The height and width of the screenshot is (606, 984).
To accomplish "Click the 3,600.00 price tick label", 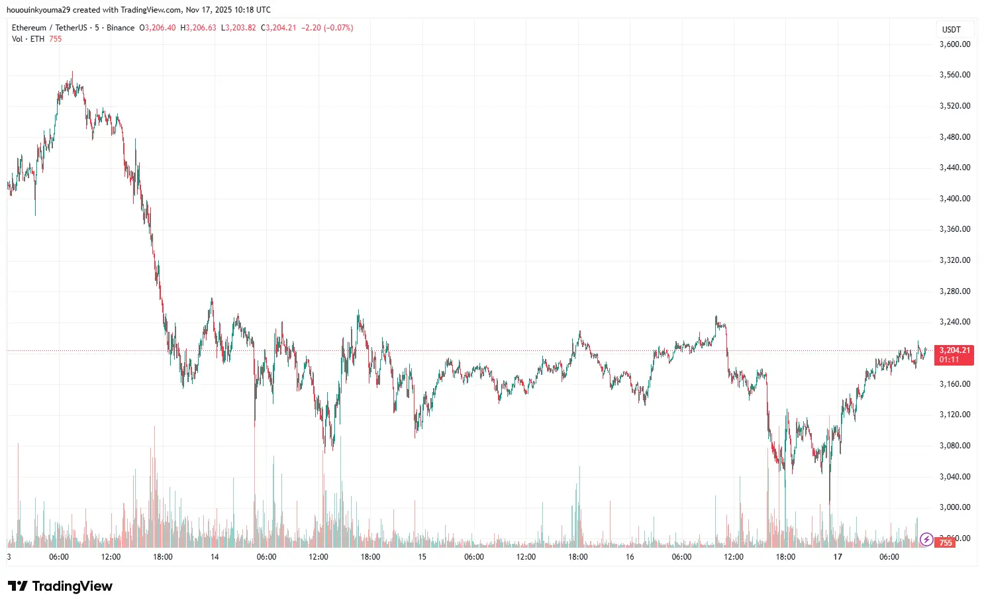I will (955, 44).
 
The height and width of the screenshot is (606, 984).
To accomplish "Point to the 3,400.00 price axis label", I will (955, 199).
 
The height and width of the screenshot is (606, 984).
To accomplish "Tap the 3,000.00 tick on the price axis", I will (955, 507).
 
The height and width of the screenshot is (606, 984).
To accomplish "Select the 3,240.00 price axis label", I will (955, 322).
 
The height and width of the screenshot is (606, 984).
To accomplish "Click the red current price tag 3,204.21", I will (954, 350).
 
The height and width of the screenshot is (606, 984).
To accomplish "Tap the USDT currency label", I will (952, 30).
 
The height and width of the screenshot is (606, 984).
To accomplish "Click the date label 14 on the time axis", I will (215, 557).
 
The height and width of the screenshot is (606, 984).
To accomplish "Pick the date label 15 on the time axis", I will (422, 557).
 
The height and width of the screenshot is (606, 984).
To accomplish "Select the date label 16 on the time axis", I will (630, 557).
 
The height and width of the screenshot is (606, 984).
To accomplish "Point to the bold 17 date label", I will (838, 557).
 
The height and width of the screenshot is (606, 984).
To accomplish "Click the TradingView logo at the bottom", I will (60, 586).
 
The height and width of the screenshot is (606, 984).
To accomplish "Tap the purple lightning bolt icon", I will (926, 539).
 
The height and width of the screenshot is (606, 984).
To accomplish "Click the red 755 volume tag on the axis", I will (946, 543).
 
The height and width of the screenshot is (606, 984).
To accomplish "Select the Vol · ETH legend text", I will (28, 39).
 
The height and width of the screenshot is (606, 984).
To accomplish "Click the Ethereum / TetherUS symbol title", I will (50, 28).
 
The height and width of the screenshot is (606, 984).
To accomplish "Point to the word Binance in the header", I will (121, 28).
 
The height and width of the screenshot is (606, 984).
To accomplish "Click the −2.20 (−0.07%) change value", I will (327, 28).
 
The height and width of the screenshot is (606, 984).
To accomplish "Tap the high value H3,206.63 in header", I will (199, 28).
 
